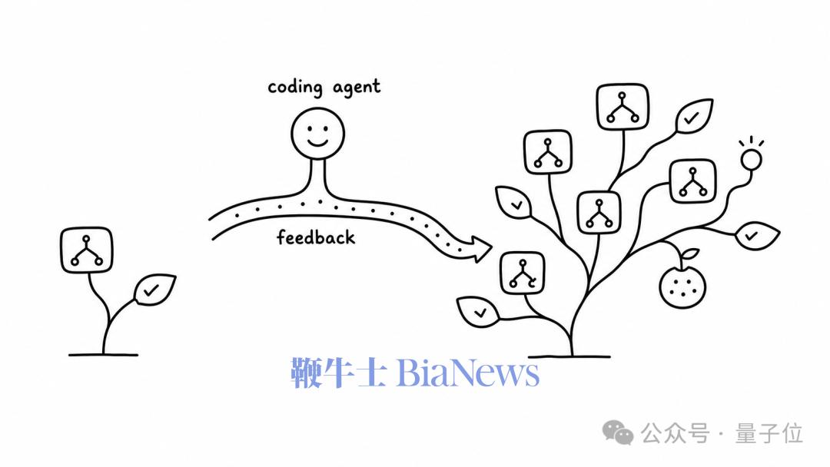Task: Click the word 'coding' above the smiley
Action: tap(295, 88)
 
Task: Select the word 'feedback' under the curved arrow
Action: tap(316, 237)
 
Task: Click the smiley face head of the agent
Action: tap(317, 134)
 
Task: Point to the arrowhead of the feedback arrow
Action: tap(479, 249)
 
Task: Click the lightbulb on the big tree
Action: tap(751, 157)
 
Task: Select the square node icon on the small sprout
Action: tap(86, 250)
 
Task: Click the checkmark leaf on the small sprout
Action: tap(154, 290)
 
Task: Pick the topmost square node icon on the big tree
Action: tap(622, 107)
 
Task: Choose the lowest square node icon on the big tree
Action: tap(523, 273)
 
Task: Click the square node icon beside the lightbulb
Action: tap(693, 181)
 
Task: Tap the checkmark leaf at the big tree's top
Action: tap(693, 116)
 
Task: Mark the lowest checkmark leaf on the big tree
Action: tap(478, 312)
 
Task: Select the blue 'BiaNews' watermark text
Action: tap(468, 373)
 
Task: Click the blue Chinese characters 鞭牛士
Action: tap(337, 373)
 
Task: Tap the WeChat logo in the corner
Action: tap(618, 432)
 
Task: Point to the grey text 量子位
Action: tap(769, 434)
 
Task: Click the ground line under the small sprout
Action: tap(103, 355)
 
